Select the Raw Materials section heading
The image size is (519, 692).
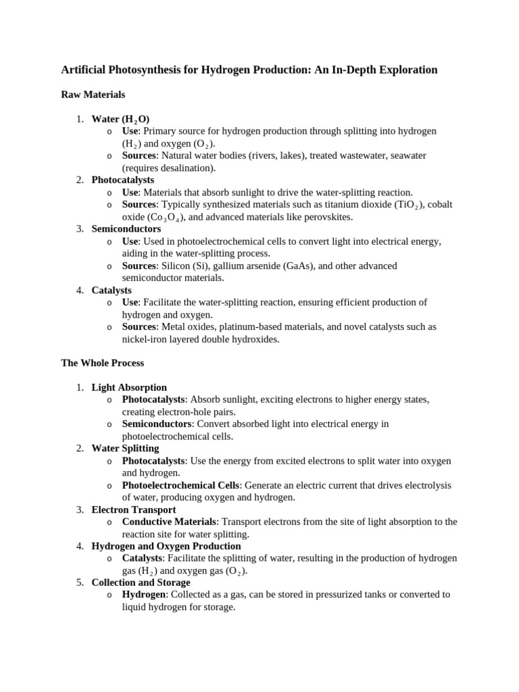pyautogui.click(x=93, y=95)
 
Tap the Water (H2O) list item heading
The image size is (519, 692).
pyautogui.click(x=120, y=119)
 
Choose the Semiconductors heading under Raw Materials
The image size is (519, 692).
pyautogui.click(x=126, y=229)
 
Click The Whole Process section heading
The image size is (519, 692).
pyautogui.click(x=102, y=363)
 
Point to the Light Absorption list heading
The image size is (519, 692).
pyautogui.click(x=129, y=387)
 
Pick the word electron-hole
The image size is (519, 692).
pyautogui.click(x=183, y=412)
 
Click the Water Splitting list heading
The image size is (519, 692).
pyautogui.click(x=125, y=448)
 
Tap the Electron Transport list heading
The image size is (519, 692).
pyautogui.click(x=134, y=510)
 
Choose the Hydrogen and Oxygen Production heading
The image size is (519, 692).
pyautogui.click(x=166, y=546)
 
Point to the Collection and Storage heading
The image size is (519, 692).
pyautogui.click(x=141, y=583)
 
